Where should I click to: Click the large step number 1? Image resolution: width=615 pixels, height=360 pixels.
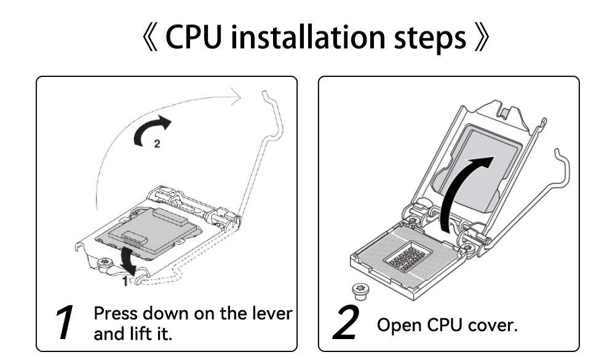click(x=64, y=322)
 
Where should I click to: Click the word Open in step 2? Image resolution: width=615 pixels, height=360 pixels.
click(x=397, y=324)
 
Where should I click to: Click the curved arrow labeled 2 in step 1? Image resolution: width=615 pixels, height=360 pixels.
click(x=153, y=129)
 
